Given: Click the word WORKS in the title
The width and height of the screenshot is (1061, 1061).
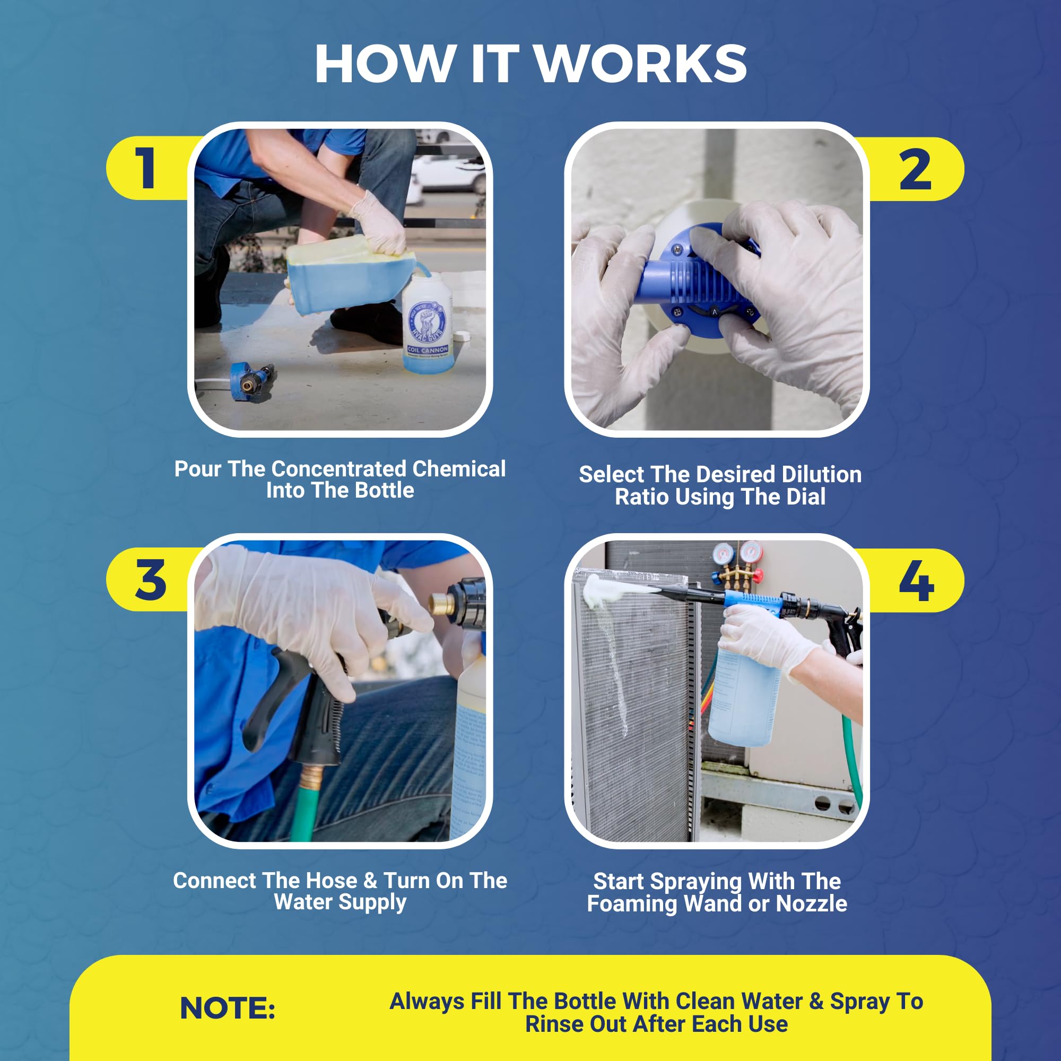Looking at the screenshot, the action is (640, 64).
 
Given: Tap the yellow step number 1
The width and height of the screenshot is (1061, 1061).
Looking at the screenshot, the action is (145, 168).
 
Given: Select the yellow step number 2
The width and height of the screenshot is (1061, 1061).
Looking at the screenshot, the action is (916, 169).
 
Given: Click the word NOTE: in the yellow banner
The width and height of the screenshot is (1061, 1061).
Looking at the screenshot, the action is (228, 1008).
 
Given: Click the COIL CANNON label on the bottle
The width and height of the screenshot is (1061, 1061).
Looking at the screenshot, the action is (428, 349).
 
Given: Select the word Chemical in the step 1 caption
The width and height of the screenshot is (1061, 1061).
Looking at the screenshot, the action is (458, 469).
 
